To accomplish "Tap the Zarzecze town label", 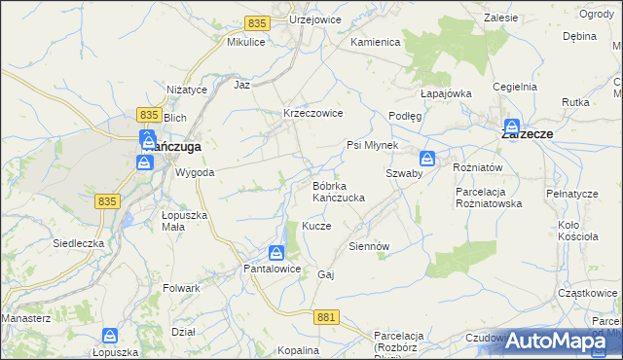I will click(x=528, y=135).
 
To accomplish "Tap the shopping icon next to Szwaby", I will click(x=427, y=159).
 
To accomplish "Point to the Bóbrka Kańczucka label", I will click(x=338, y=191).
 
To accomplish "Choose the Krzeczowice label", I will click(x=312, y=113).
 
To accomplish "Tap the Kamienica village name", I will click(x=376, y=43).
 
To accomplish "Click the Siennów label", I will click(x=368, y=246).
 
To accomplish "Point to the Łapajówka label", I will click(x=446, y=93).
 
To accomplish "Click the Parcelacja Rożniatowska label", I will click(x=490, y=198).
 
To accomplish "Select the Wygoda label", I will click(x=195, y=172).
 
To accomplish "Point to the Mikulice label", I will click(x=246, y=43).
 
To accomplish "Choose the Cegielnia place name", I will click(x=515, y=87).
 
